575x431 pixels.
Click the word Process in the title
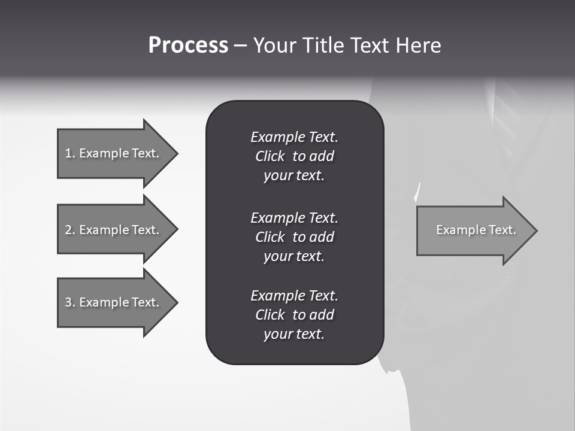(x=188, y=45)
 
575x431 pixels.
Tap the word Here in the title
(x=418, y=45)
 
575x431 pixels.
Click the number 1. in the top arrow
(x=70, y=153)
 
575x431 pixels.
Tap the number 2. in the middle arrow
(x=70, y=230)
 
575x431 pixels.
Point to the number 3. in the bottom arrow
(x=70, y=302)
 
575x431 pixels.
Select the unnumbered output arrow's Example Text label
(x=476, y=230)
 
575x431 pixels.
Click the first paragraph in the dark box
(x=294, y=156)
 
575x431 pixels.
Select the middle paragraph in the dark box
(x=294, y=236)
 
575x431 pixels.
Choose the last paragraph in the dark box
(x=294, y=315)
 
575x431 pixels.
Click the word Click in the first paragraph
(x=270, y=156)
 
